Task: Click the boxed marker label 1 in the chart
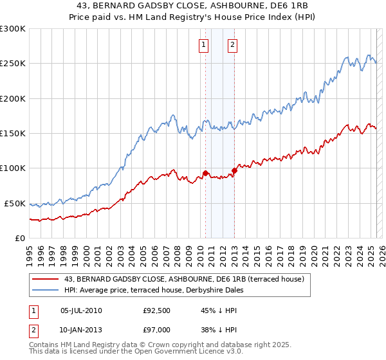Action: point(203,44)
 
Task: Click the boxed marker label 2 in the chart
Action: point(232,44)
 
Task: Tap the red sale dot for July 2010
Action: point(205,173)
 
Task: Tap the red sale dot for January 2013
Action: point(234,170)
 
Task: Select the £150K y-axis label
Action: point(13,134)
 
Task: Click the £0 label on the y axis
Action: point(20,238)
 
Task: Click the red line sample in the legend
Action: point(46,278)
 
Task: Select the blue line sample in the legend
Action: point(46,289)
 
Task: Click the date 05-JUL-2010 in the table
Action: point(81,310)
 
